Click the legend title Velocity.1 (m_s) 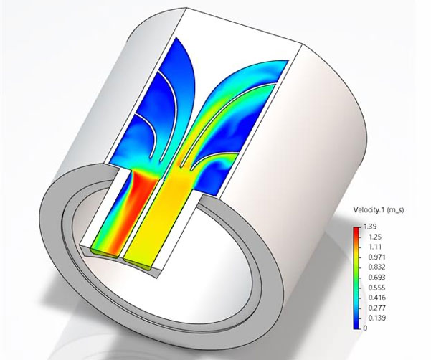coord(378,210)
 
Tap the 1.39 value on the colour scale coord(370,227)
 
